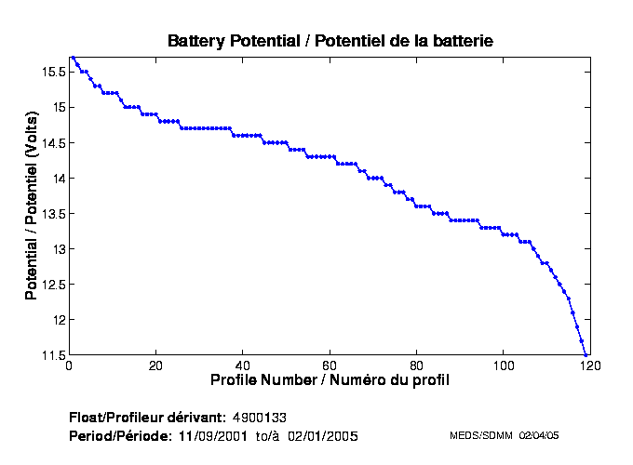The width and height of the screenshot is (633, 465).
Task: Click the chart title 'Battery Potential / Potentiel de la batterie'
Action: pyautogui.click(x=330, y=41)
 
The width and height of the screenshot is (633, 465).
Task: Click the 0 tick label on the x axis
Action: pyautogui.click(x=69, y=365)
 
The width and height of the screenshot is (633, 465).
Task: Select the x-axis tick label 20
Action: pyautogui.click(x=155, y=365)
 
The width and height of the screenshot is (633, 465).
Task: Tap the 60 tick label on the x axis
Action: pyautogui.click(x=330, y=365)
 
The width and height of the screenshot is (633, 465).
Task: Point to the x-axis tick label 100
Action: pyautogui.click(x=503, y=365)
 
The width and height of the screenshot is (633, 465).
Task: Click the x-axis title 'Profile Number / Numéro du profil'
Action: pyautogui.click(x=330, y=380)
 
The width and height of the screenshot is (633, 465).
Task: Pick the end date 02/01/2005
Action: pyautogui.click(x=322, y=435)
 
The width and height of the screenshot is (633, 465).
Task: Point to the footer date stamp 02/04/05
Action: pyautogui.click(x=539, y=435)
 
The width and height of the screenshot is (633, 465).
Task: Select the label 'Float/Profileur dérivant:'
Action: pyautogui.click(x=147, y=416)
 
